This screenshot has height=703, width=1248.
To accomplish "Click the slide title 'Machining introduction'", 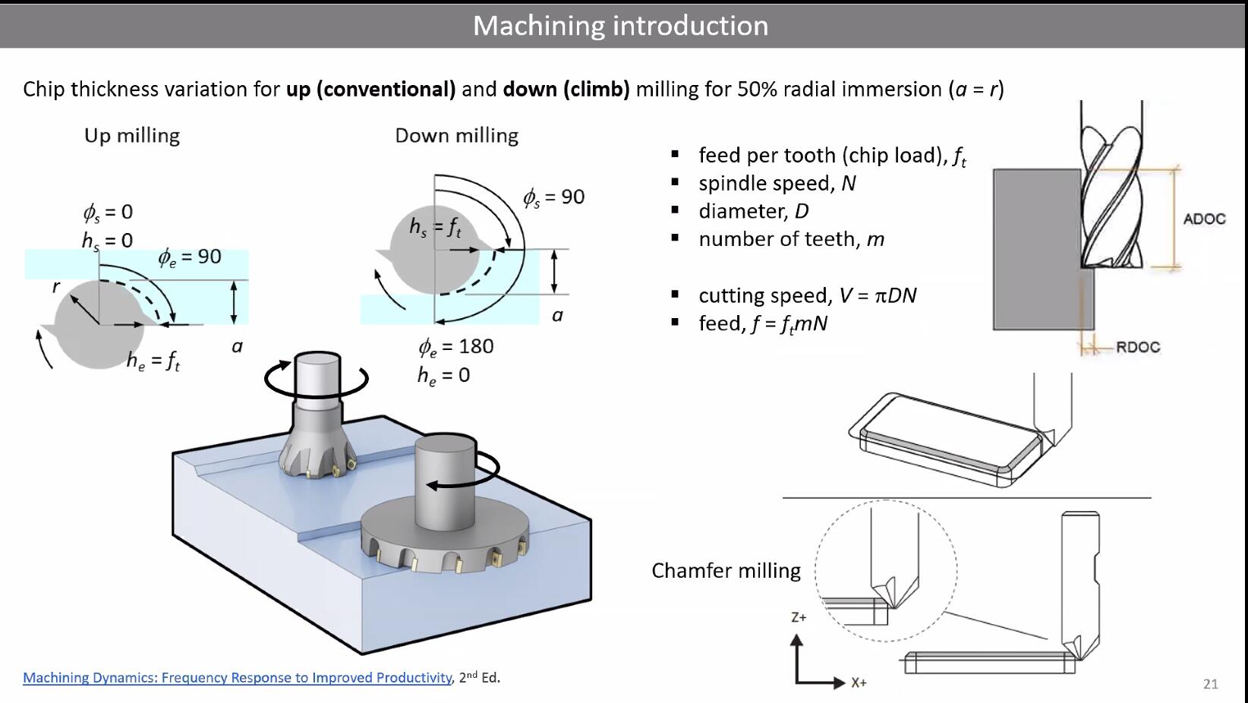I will [620, 26].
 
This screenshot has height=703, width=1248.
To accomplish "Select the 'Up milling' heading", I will [132, 136].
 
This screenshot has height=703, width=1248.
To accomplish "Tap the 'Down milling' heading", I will [456, 136].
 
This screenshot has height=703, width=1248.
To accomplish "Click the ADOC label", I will [1204, 219].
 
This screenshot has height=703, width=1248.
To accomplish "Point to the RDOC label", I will [1137, 347].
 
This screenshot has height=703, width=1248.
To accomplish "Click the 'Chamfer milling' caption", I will [726, 571].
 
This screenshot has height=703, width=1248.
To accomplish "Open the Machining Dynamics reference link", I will [238, 678].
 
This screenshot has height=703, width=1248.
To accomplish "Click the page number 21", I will [1210, 684].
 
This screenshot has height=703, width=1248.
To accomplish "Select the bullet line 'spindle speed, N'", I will [777, 184].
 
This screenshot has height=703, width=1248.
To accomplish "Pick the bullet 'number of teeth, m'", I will [791, 240].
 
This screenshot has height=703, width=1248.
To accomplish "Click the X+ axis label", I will [859, 683].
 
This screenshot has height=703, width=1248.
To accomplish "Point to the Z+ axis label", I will [799, 618].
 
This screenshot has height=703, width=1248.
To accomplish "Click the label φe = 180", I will [456, 347].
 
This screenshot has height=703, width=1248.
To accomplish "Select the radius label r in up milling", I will [55, 287].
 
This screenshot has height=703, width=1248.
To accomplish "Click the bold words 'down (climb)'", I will [566, 90].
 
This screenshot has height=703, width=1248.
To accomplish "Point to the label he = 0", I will [443, 376].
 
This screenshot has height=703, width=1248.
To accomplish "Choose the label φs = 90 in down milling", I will [553, 197].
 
